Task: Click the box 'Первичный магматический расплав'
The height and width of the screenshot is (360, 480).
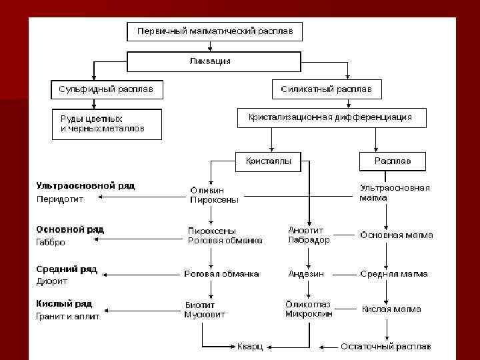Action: coord(215,32)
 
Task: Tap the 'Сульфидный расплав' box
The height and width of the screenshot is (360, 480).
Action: coord(106,89)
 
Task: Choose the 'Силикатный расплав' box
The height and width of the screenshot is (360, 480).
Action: coord(327,89)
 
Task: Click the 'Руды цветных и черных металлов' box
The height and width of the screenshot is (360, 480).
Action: coord(106,123)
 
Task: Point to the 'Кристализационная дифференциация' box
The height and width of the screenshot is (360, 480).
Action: coord(330,117)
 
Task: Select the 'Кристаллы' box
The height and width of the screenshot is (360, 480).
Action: coord(268,161)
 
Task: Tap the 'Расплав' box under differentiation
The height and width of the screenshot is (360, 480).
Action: coord(392,161)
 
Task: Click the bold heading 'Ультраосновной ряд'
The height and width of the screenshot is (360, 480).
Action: coord(85,186)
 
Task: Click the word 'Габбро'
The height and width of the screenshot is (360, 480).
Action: coord(51,243)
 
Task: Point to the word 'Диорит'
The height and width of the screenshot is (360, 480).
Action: coord(52,281)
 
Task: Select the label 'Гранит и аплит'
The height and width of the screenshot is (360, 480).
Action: coord(67,317)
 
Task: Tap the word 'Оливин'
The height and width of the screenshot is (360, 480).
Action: coord(203,190)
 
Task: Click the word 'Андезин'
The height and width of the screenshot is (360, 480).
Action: coord(306,273)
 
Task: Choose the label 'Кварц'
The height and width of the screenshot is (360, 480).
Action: coord(250,347)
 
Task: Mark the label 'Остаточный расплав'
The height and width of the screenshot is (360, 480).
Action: coord(385,347)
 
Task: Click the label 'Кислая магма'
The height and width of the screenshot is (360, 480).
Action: coord(391,309)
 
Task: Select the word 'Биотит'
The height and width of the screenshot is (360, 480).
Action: coord(199,305)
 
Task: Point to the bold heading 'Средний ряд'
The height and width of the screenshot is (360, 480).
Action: coord(67,269)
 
